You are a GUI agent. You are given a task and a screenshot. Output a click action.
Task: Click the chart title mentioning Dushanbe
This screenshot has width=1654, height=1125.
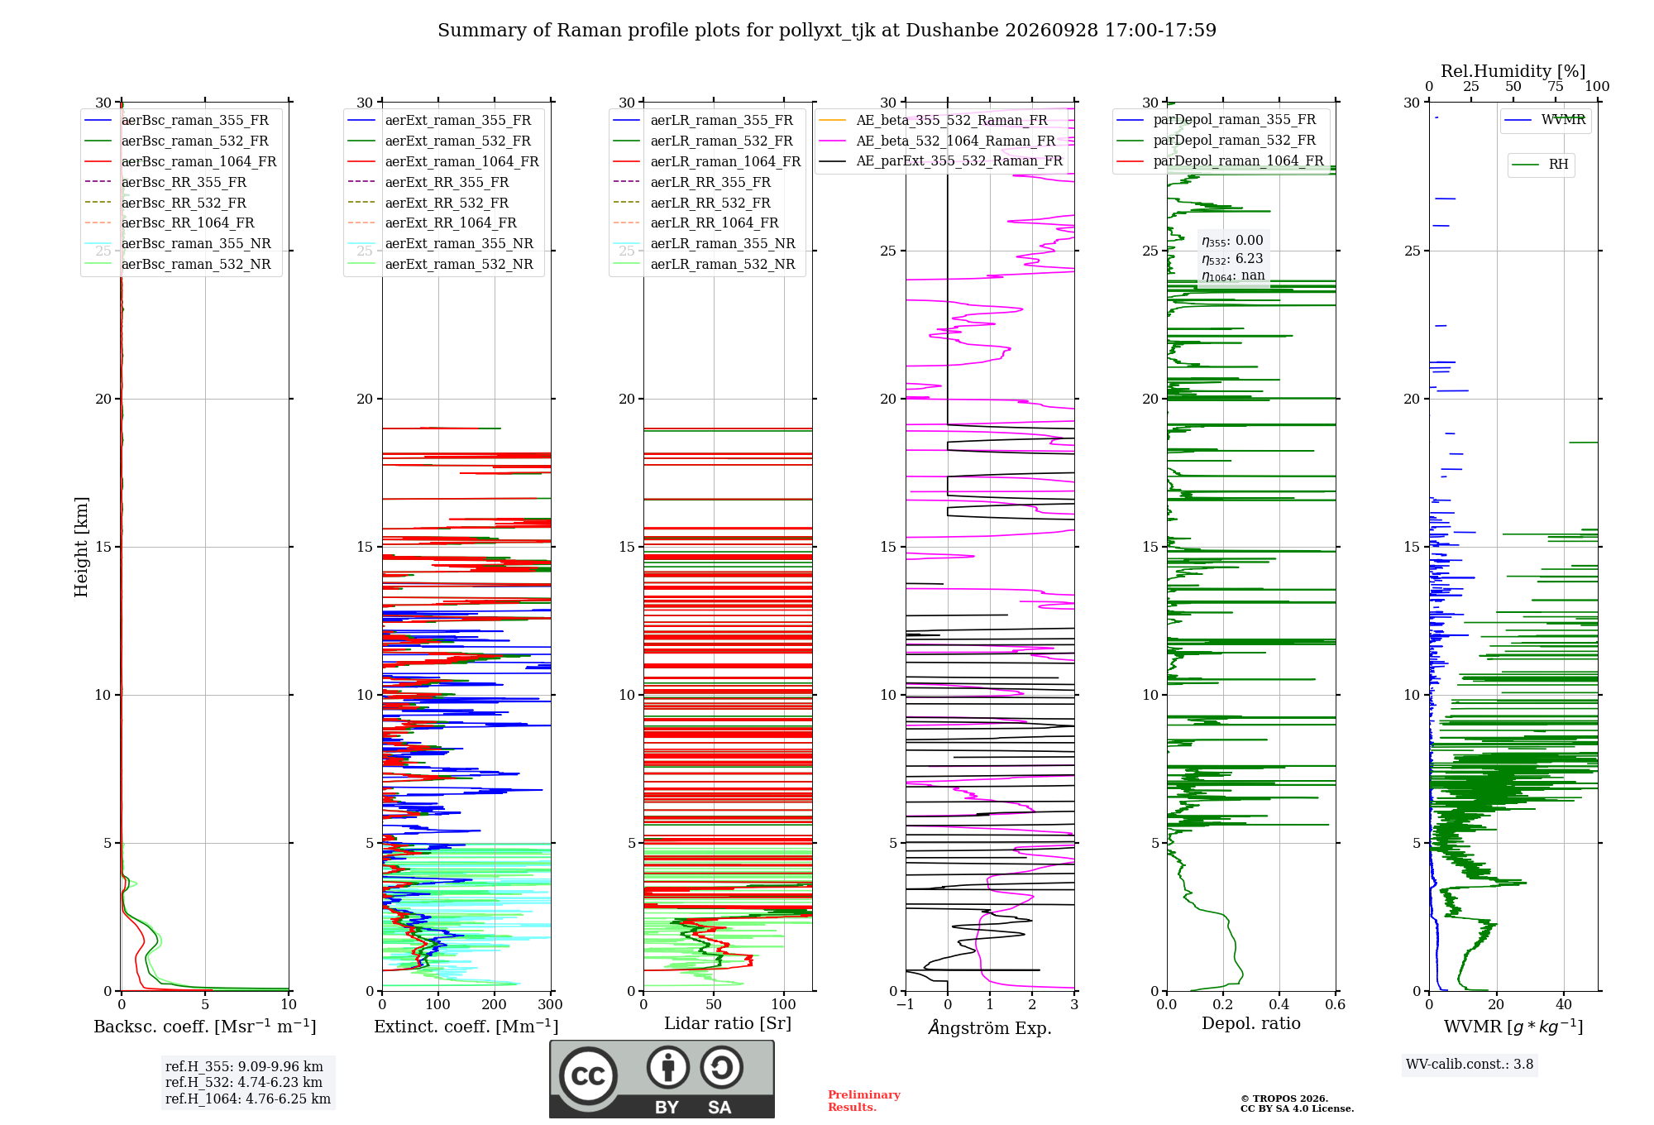pos(827,31)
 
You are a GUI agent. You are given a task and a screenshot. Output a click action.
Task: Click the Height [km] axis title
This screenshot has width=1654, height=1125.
pos(81,547)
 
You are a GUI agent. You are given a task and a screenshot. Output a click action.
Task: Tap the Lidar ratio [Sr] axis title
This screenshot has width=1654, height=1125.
pos(728,1024)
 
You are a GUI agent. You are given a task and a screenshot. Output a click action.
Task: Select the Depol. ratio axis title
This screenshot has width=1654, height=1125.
pos(1250,1024)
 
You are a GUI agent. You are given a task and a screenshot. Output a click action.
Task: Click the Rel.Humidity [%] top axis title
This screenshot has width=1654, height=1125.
pos(1513,71)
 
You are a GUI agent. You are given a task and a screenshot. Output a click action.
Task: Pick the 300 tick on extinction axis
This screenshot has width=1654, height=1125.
pos(550,1005)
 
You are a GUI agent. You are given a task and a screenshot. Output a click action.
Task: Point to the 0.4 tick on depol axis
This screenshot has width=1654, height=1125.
pos(1279,1005)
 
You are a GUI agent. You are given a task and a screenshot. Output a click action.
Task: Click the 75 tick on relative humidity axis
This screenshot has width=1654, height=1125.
pos(1556,87)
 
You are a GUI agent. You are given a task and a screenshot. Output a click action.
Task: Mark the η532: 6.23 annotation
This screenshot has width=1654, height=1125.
pos(1232,259)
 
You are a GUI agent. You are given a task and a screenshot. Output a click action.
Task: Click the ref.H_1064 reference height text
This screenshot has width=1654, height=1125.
pos(248,1099)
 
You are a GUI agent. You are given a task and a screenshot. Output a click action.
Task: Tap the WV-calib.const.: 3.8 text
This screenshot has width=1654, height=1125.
pos(1470,1065)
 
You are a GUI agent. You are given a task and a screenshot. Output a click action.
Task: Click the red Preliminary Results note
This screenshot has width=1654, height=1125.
pos(864,1101)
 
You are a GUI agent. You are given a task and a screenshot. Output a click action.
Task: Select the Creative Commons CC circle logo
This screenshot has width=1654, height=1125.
pos(588,1076)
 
